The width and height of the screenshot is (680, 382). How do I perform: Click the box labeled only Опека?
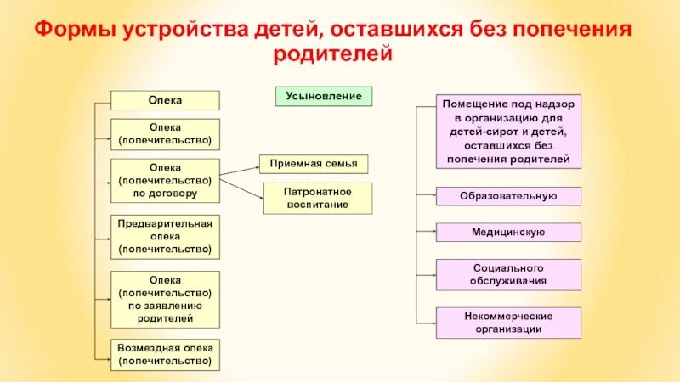tap(166, 101)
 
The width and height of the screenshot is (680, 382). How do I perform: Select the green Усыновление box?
tap(324, 96)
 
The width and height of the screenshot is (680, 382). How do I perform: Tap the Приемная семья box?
tap(313, 163)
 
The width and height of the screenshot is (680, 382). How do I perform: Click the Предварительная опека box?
tap(166, 236)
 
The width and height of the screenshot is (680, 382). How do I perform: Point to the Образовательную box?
tap(508, 196)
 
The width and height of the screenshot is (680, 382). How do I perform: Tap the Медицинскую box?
tap(508, 232)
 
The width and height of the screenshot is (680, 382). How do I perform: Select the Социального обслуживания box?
tap(508, 274)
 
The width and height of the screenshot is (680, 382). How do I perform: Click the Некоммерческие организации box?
tap(508, 323)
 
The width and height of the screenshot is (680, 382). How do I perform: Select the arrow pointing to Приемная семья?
tap(241, 171)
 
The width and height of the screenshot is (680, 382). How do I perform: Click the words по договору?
tap(166, 193)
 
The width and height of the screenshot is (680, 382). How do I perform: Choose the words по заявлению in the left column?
tap(166, 306)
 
